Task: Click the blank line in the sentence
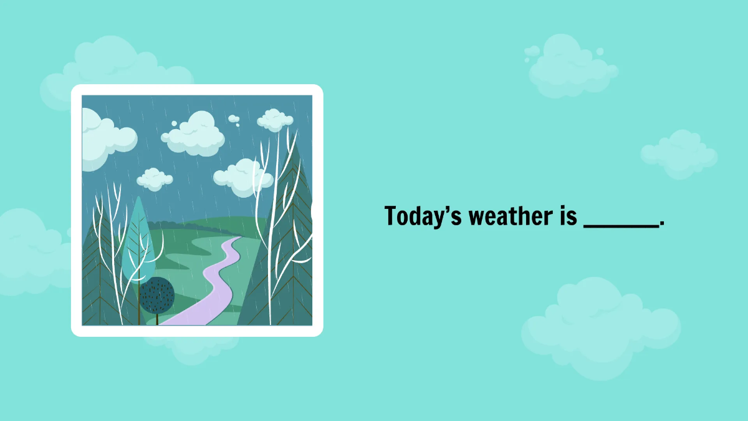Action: pos(621,226)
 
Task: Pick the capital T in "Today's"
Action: pos(391,216)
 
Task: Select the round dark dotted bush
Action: pos(156,295)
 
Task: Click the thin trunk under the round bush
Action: pos(156,319)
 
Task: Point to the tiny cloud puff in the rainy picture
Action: pos(234,119)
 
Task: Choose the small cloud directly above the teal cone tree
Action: pos(154,179)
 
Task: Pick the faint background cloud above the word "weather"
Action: pos(570,65)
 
